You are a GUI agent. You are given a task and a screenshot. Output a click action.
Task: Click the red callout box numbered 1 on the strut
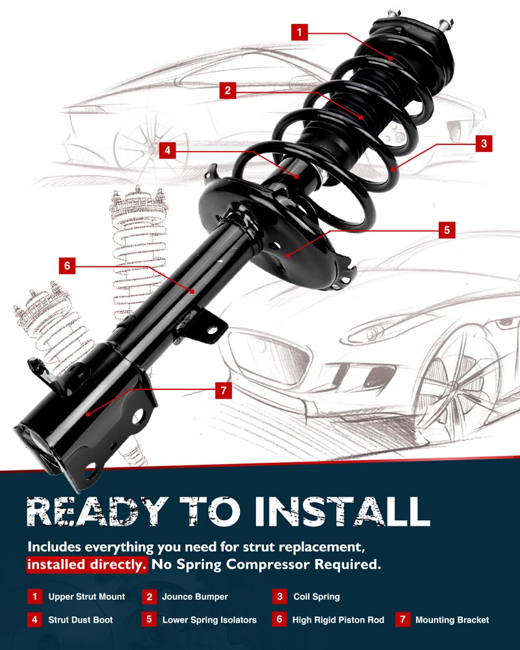click(x=300, y=32)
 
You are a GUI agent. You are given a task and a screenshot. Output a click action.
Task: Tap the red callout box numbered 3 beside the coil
click(x=484, y=144)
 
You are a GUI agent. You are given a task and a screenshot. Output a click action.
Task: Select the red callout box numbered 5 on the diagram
click(x=447, y=230)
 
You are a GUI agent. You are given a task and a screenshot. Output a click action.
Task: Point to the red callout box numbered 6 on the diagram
click(x=67, y=266)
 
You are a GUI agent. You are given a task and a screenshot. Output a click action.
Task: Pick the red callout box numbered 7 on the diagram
click(x=224, y=390)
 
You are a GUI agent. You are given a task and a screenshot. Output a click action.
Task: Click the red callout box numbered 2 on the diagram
click(x=227, y=90)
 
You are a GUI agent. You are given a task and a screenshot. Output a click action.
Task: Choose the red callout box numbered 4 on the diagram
click(x=167, y=150)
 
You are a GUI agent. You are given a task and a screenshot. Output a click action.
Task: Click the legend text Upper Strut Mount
click(x=86, y=597)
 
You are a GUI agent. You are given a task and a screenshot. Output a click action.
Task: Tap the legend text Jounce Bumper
click(x=195, y=597)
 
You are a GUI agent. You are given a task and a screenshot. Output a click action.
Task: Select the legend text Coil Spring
click(x=317, y=597)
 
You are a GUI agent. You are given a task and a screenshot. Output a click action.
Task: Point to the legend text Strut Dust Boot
click(x=81, y=619)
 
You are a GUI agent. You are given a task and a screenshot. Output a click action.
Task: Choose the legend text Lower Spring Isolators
click(x=209, y=619)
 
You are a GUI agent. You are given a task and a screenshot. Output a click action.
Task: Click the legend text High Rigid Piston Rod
click(x=338, y=619)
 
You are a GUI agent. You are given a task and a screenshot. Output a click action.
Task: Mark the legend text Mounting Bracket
click(x=452, y=619)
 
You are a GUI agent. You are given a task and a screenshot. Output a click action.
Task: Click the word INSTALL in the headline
click(x=342, y=512)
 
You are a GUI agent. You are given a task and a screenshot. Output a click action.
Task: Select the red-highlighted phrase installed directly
click(x=86, y=564)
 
